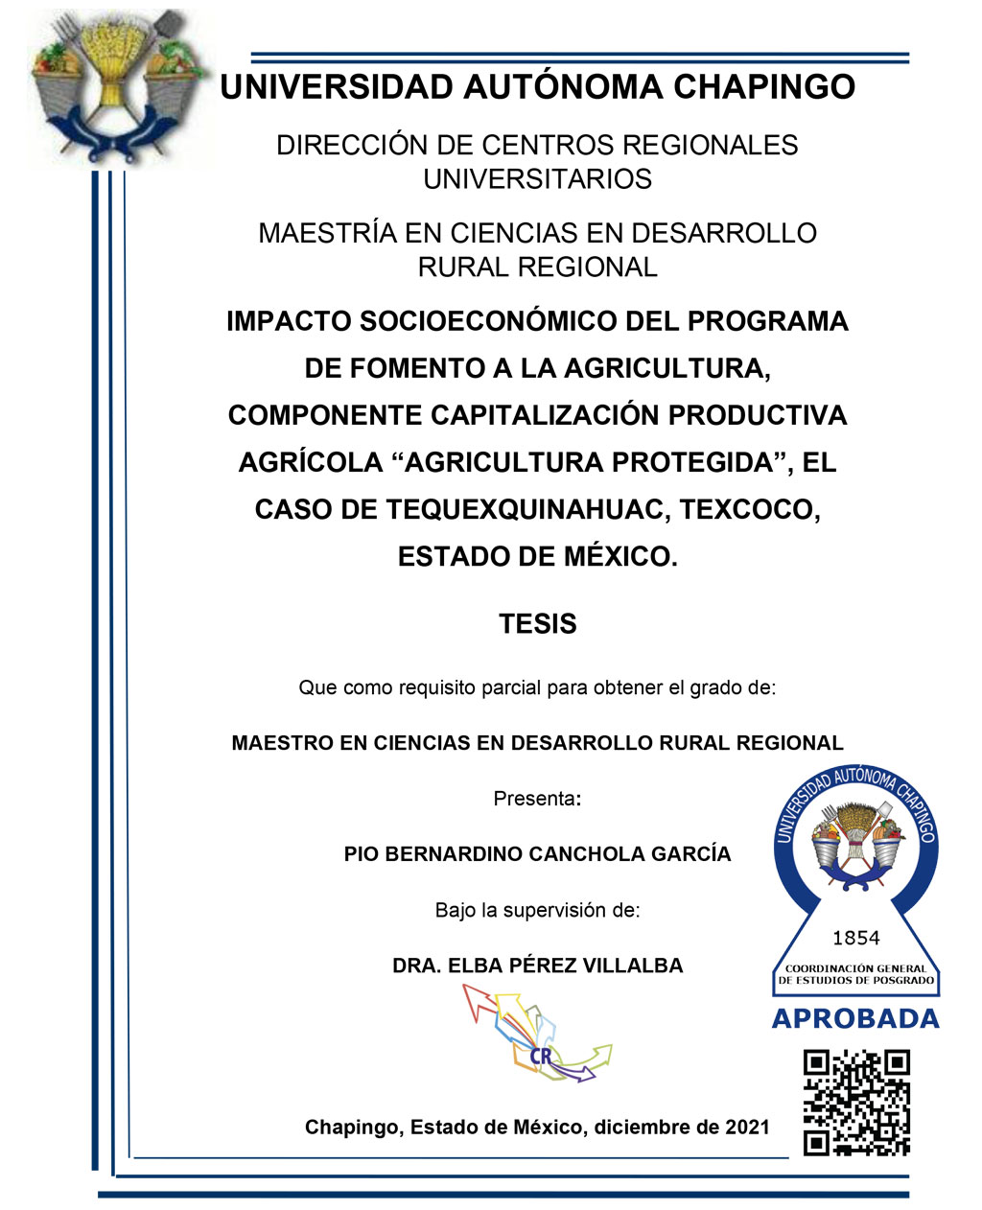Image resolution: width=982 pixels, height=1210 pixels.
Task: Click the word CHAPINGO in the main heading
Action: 763,87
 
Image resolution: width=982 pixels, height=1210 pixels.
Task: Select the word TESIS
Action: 537,624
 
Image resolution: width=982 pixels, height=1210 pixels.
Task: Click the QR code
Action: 855,1102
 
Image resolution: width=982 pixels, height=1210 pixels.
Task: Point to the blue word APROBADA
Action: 855,1019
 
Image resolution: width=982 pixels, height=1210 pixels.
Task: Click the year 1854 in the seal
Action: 855,938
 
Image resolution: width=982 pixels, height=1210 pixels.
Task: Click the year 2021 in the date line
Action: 747,1128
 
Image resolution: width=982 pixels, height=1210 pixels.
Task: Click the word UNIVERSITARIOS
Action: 537,179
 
